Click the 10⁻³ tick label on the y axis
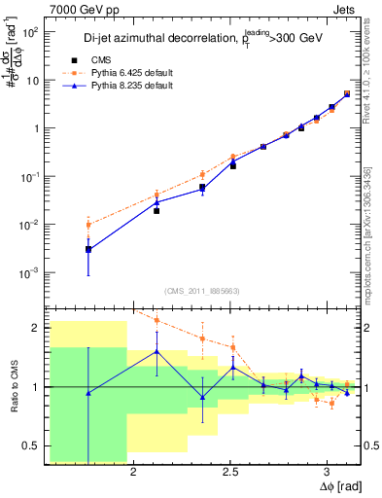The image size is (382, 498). tap(31, 272)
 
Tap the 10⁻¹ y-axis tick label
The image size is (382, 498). tap(31, 176)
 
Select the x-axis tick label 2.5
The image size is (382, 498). tap(230, 472)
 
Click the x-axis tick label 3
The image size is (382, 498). tap(328, 472)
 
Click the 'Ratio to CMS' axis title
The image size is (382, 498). tap(13, 387)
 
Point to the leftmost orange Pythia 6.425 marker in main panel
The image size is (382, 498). tap(88, 225)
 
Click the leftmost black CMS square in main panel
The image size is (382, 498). tap(88, 250)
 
